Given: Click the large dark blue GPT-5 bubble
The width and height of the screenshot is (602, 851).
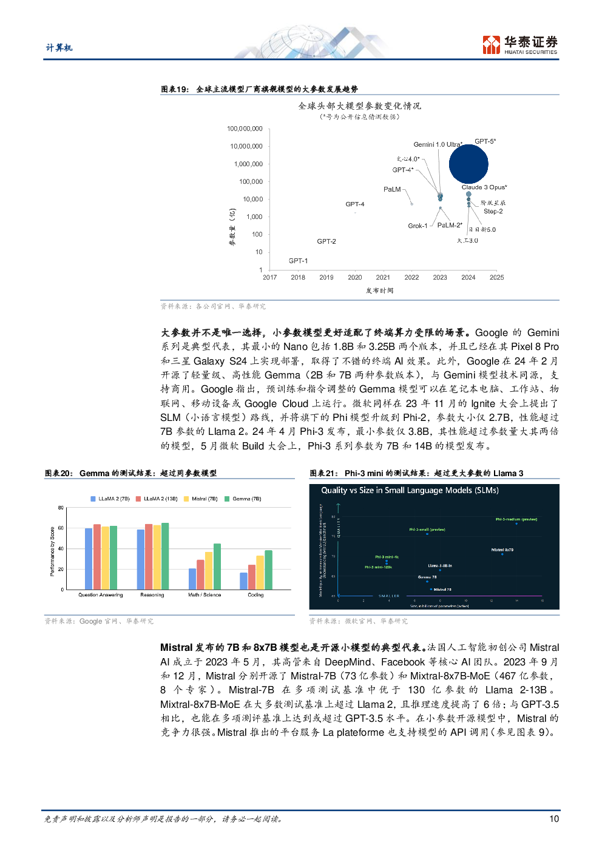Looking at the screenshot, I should point(468,164).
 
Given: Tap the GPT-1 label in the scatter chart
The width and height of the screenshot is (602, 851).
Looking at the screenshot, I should point(298,261).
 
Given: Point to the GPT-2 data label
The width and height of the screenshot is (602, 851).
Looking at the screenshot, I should point(326,241).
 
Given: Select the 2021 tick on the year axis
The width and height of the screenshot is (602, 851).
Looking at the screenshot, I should point(383,277).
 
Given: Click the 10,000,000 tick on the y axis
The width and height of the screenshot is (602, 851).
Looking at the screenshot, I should point(246,146).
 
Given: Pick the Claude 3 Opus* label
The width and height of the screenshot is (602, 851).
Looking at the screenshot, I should point(484,187).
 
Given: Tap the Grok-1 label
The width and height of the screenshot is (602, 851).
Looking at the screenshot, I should point(418,226).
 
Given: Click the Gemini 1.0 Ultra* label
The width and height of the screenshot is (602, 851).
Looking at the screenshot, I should point(438,144).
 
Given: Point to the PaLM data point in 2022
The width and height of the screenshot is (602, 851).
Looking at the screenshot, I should point(411,203).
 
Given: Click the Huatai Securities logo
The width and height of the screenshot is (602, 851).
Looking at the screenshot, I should point(520,45).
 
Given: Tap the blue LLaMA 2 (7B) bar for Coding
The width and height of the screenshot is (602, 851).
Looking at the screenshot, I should point(243,580).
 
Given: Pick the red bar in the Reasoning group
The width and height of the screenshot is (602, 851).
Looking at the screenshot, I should point(149,556).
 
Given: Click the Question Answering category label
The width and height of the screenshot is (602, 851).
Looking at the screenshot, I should point(100,595).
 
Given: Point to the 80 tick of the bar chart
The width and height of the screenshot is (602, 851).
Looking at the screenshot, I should point(61,508).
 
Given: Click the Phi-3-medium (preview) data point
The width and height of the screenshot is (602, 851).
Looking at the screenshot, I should point(516,523).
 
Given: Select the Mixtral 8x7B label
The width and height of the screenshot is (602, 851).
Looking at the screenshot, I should point(502,550).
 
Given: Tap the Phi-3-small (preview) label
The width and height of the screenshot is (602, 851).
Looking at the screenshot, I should point(427,530).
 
